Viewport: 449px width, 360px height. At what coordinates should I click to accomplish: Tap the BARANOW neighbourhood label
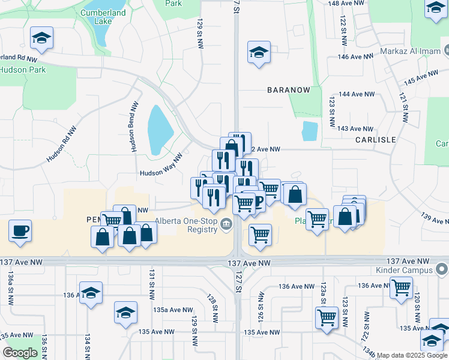pos(289,90)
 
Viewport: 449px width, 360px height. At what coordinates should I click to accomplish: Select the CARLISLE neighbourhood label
pos(375,139)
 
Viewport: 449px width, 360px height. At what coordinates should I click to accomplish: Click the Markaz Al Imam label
pos(410,52)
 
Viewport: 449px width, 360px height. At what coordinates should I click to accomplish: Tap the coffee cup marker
pos(20,230)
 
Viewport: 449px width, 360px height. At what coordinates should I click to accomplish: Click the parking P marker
pos(258,200)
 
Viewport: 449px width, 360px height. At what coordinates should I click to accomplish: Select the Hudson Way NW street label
pos(161,173)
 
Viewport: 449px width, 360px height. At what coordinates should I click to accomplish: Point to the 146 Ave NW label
pos(356,56)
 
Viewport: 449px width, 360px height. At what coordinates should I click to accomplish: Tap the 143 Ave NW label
pos(355,128)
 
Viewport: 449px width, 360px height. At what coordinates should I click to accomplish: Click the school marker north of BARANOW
pos(259,53)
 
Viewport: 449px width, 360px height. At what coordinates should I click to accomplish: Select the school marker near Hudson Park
pos(41,38)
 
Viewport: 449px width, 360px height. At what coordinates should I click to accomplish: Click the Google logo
pos(20,353)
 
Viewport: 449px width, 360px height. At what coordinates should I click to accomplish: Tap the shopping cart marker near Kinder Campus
pos(401,287)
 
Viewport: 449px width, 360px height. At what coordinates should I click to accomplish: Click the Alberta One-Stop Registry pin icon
pos(226,225)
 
